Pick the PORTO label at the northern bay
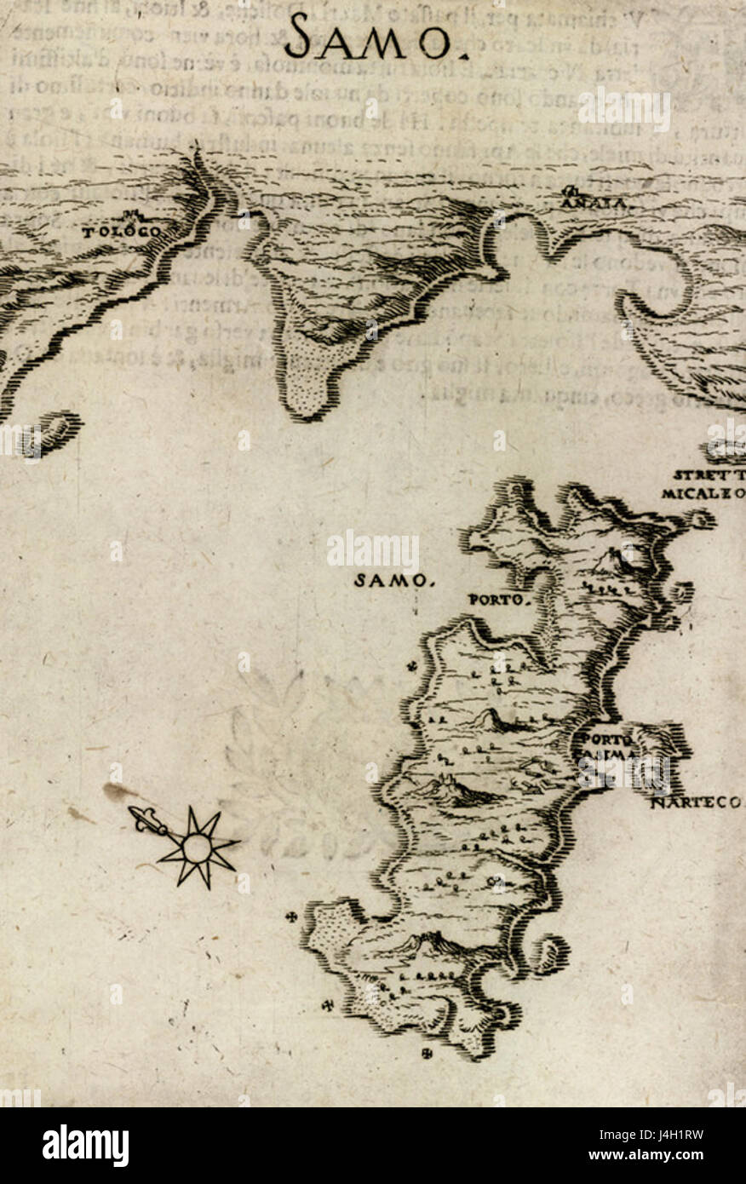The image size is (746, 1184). click(x=500, y=600)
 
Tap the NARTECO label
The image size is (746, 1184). click(x=696, y=802)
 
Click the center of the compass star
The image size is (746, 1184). click(x=197, y=848)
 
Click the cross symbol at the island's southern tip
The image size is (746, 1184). click(x=427, y=1054)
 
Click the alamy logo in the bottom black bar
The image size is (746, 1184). click(x=85, y=1146)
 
